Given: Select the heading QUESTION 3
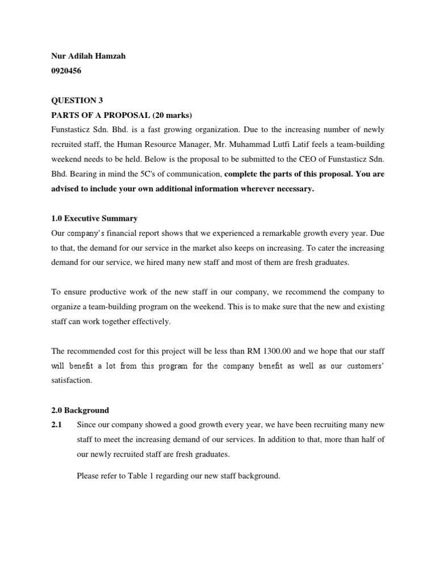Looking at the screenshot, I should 74,100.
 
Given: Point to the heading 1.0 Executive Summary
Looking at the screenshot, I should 94,218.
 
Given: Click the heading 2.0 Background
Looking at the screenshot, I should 80,410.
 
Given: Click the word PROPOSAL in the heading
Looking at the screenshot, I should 121,115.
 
